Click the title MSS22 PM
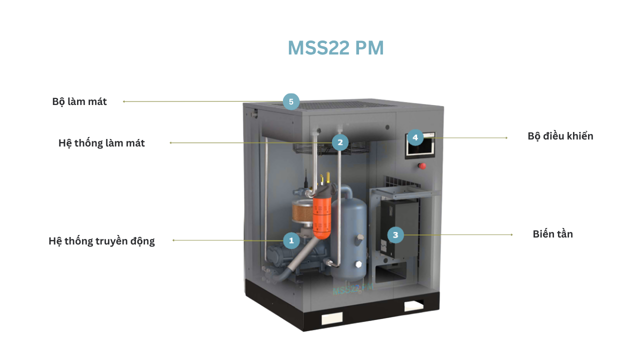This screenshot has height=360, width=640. pyautogui.click(x=335, y=48)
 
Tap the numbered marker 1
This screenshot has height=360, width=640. pyautogui.click(x=291, y=241)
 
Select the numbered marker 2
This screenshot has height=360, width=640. pyautogui.click(x=340, y=142)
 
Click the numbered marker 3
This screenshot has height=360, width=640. pyautogui.click(x=395, y=234)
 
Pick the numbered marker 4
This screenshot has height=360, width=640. pyautogui.click(x=415, y=137)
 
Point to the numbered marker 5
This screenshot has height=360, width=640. pyautogui.click(x=291, y=101)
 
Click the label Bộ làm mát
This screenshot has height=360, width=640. pyautogui.click(x=79, y=101)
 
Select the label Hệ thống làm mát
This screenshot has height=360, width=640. pyautogui.click(x=101, y=143)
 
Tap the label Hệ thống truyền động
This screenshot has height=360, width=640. pyautogui.click(x=101, y=241)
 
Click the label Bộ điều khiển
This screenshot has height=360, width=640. pyautogui.click(x=560, y=136)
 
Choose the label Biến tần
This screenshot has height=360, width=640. pyautogui.click(x=552, y=234)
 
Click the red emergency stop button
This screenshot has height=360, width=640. pyautogui.click(x=422, y=165)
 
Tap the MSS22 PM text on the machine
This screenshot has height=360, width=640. pyautogui.click(x=352, y=289)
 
